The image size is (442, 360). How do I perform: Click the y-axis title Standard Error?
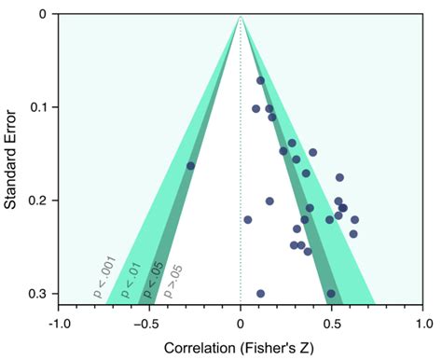point(13,154)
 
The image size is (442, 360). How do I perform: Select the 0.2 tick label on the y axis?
point(36,201)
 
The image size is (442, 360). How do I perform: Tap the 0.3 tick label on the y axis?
point(36,294)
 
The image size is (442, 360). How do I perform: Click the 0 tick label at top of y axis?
point(42,14)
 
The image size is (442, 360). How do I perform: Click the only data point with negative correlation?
point(191,166)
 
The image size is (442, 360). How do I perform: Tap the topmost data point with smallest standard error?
point(260,80)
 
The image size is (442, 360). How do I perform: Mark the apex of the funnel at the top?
point(241,15)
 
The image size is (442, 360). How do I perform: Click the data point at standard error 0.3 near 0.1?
point(260,294)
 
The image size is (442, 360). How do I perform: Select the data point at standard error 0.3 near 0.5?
point(331,294)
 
